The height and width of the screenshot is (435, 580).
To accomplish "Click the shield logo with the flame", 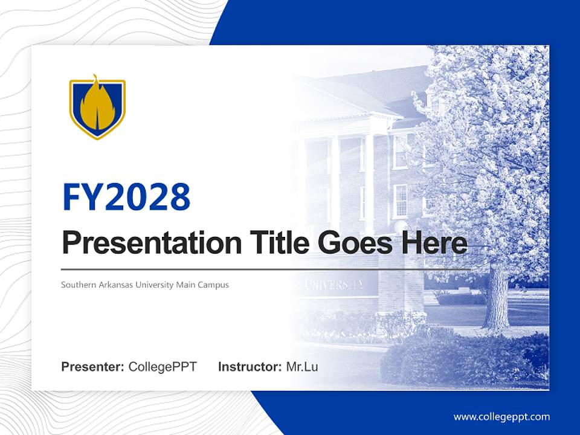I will [x=97, y=107].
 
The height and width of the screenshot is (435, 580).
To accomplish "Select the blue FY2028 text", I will [x=126, y=197].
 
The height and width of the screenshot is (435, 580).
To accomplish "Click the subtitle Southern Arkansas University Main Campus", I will [x=145, y=285].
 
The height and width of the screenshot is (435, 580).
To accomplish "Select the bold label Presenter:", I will [x=93, y=367].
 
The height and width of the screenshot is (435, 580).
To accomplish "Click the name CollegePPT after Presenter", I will [x=163, y=367].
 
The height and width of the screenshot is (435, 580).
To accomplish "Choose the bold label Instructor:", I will [x=250, y=367].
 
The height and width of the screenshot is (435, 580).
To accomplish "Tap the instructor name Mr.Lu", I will [x=302, y=367].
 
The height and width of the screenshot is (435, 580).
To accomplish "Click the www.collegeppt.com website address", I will [x=501, y=417].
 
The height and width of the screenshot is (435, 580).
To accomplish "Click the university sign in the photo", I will [x=335, y=286].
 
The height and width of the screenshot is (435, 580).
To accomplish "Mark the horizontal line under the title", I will [x=266, y=269].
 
